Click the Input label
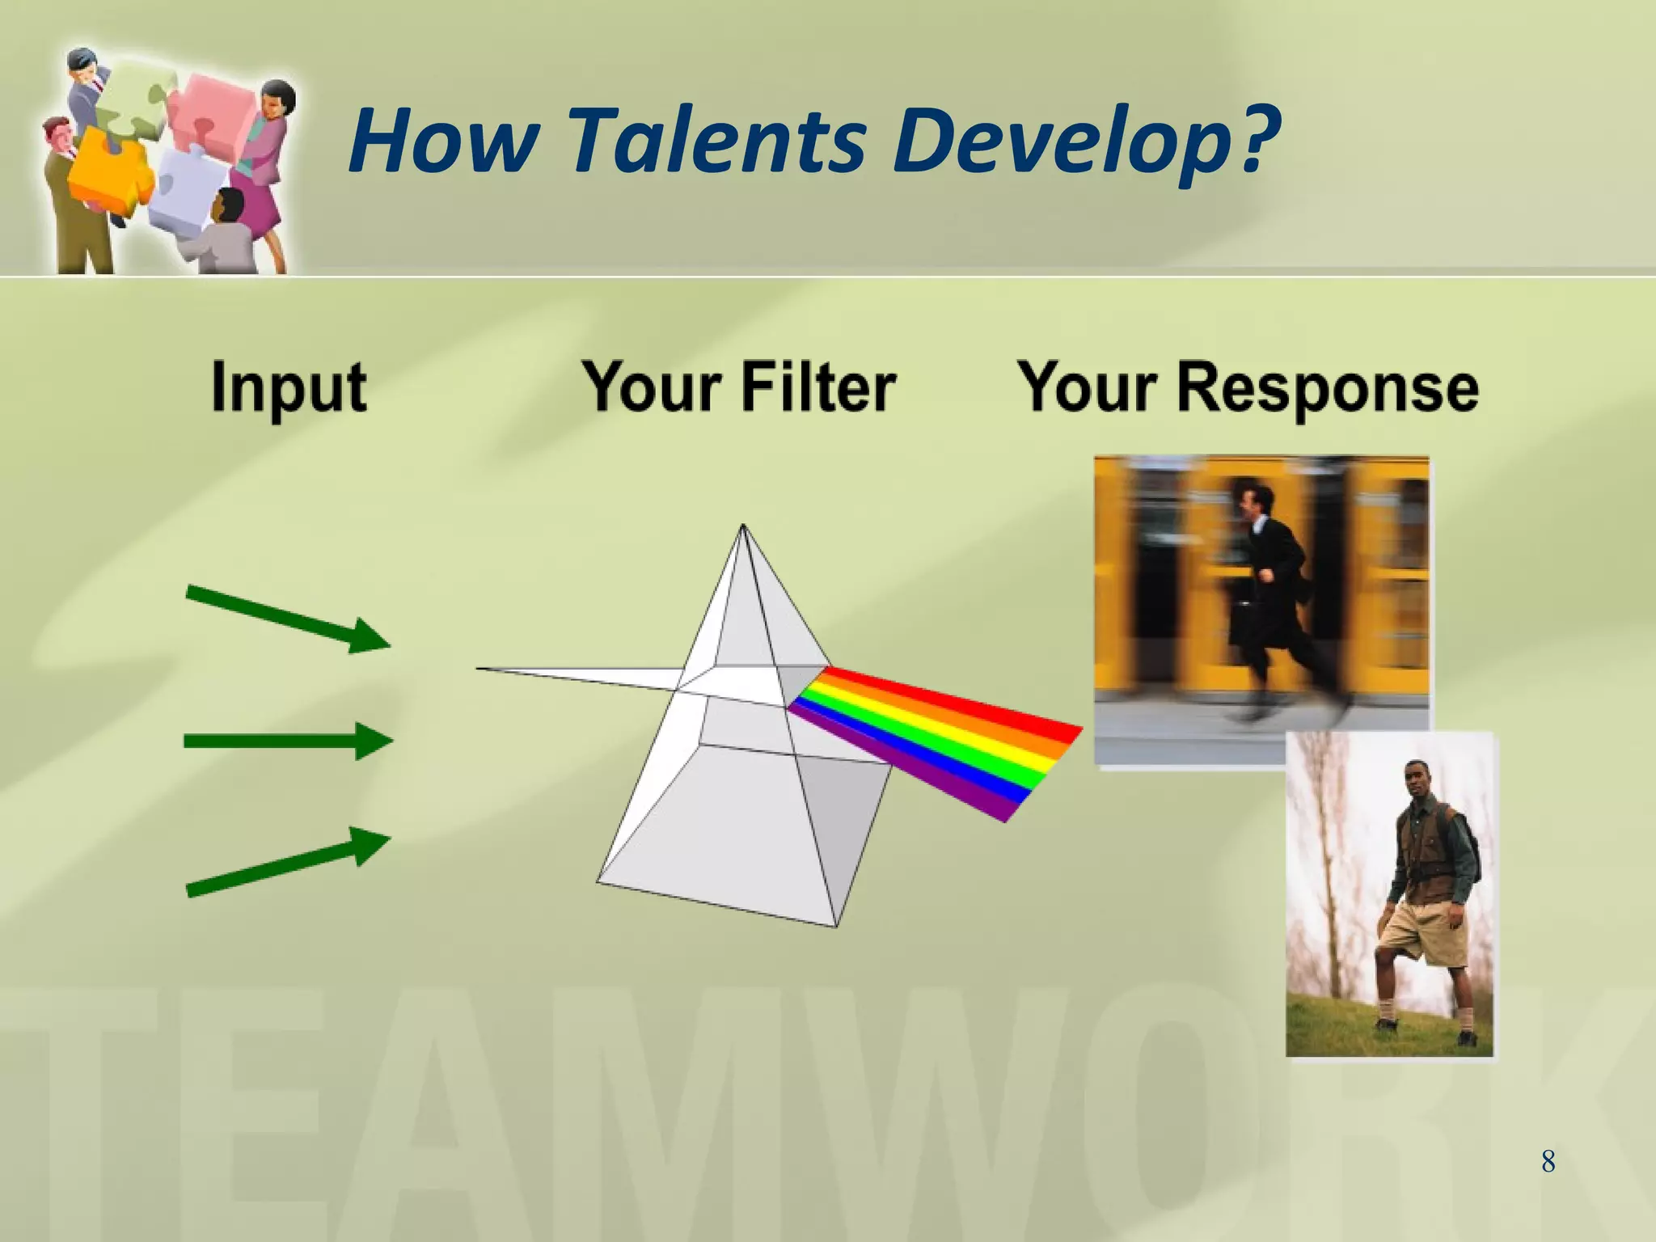tap(289, 388)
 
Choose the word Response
tap(1327, 388)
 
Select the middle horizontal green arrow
tap(287, 741)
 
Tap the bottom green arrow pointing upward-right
tap(287, 862)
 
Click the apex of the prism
tap(743, 527)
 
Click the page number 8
tap(1548, 1162)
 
